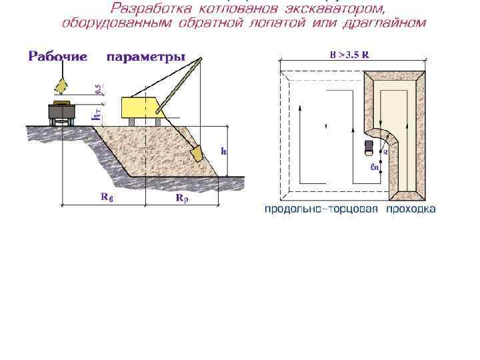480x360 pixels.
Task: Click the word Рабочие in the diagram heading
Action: tap(58, 57)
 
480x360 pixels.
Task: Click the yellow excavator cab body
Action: tap(140, 105)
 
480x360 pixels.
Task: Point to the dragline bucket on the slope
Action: tap(197, 153)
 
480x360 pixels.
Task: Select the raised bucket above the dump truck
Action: tap(61, 86)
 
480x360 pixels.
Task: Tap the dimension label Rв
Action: tap(107, 197)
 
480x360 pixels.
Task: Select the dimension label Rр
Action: tap(181, 198)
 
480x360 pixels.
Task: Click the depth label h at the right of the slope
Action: tap(224, 151)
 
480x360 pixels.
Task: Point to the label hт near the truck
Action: tap(97, 115)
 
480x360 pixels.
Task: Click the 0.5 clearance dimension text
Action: tap(98, 89)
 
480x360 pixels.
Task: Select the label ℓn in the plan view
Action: tap(374, 167)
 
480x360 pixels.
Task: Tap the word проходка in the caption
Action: tap(413, 209)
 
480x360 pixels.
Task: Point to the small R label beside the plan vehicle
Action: tap(385, 152)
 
